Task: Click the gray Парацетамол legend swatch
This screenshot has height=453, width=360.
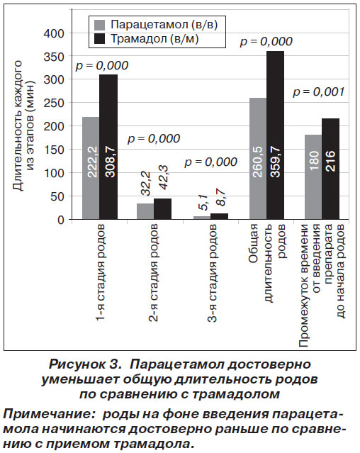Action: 100,25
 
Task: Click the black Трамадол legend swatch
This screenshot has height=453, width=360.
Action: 100,39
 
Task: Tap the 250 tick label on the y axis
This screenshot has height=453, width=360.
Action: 54,103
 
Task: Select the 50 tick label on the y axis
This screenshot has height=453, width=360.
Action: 57,196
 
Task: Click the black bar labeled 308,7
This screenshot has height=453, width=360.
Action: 108,147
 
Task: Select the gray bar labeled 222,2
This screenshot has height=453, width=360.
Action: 91,168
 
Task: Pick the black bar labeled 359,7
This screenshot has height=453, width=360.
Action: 276,135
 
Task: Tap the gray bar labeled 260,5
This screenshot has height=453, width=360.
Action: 258,159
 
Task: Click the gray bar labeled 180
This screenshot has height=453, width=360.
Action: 313,177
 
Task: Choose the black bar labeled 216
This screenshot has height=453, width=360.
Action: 330,169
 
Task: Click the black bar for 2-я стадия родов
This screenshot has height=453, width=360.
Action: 162,209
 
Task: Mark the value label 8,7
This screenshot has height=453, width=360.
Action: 221,197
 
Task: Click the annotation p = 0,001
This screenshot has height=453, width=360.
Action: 319,92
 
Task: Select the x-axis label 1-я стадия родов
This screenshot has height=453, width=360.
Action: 100,272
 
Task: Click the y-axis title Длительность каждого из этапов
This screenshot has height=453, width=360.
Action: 24,125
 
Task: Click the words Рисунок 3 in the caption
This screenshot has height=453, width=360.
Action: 84,364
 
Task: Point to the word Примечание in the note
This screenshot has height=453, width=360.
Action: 47,415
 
